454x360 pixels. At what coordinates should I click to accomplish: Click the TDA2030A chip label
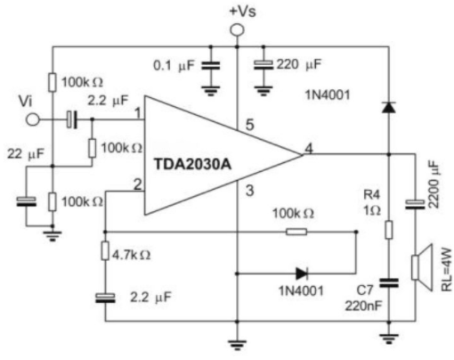192,164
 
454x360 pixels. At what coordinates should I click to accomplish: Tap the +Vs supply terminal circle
237,29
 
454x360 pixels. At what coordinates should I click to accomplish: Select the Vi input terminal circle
32,119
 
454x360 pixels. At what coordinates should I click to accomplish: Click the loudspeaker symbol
422,267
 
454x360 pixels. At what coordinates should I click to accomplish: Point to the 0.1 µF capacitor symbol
211,66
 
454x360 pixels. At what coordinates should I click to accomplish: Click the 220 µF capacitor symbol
263,65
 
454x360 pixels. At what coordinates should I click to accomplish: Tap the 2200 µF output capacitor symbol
415,205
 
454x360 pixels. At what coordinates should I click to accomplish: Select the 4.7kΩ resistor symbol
105,251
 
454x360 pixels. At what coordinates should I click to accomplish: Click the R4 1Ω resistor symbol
389,230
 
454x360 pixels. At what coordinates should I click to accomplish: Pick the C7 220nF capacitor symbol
389,282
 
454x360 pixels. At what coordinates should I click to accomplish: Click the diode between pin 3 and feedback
302,274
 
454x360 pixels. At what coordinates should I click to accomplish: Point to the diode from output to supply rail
389,107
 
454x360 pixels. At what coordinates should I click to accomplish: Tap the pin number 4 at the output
309,149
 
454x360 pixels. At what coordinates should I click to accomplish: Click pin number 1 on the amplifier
137,113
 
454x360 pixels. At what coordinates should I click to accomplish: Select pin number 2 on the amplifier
137,184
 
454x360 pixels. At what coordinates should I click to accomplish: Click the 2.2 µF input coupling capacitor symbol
71,119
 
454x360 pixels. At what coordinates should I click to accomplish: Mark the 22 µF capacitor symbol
26,201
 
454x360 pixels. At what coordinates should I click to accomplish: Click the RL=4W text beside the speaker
447,270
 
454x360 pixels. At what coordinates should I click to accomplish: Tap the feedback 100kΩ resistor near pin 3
296,232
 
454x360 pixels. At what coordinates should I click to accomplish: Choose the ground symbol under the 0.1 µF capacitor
211,91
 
